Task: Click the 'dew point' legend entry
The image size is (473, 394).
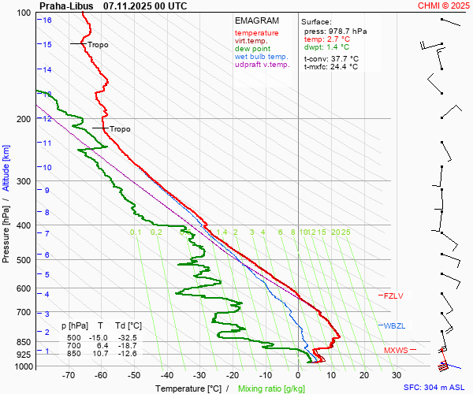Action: (x=251, y=49)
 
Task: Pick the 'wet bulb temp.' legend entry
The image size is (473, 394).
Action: (x=261, y=57)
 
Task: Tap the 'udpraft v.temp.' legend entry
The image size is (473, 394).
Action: (x=263, y=65)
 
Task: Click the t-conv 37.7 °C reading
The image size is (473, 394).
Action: (x=330, y=58)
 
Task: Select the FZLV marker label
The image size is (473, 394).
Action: (x=393, y=296)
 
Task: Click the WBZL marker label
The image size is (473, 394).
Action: (x=393, y=325)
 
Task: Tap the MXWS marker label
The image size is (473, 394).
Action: (x=396, y=351)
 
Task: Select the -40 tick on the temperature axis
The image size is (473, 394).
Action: (x=166, y=376)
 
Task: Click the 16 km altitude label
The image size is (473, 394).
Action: (x=47, y=20)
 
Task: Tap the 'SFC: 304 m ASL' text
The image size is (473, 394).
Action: (x=435, y=388)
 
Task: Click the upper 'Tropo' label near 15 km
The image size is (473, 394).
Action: (x=98, y=45)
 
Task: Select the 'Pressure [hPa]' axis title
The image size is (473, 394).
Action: (x=6, y=230)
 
